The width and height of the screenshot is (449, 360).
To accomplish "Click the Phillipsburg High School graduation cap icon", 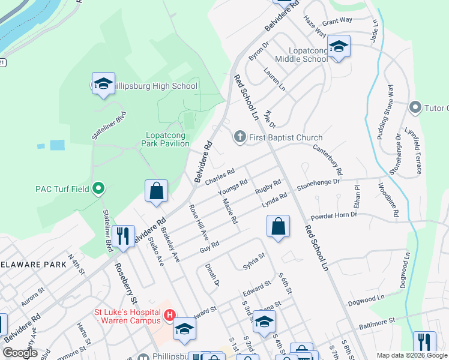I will click(x=103, y=84).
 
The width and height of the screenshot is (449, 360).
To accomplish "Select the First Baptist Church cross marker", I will click(x=240, y=137).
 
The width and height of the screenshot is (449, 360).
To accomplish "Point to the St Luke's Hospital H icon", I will click(x=170, y=314).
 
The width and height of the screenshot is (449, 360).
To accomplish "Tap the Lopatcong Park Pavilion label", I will click(x=165, y=139).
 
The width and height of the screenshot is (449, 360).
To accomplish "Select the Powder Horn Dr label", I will click(x=333, y=218).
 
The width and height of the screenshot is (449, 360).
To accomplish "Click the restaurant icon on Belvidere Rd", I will click(x=124, y=235).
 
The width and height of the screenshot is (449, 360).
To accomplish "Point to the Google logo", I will click(x=20, y=352).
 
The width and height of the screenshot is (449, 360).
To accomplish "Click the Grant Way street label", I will click(x=337, y=21).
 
